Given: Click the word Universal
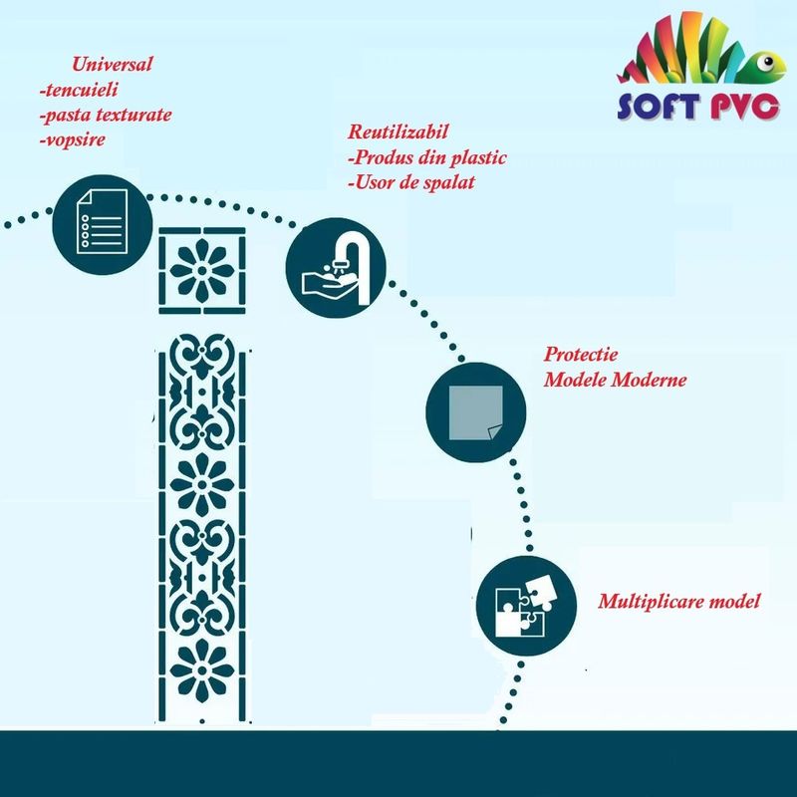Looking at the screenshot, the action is (112, 64).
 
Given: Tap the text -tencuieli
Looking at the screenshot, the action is (79, 90).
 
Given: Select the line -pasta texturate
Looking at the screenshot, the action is (106, 115).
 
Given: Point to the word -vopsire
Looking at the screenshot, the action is (73, 139).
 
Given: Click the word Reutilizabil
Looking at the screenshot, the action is (398, 132).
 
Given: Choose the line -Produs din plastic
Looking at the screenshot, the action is (427, 157).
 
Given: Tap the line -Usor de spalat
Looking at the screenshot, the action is (411, 182).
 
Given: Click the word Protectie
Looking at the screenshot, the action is (581, 354).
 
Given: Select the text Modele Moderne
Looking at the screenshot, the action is (615, 380).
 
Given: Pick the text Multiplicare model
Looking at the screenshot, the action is (679, 602).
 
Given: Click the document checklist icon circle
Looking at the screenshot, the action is (103, 225).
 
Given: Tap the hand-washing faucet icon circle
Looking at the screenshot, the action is (336, 268).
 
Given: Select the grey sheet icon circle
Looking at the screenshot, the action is (476, 412).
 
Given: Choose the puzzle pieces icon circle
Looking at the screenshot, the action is (526, 606).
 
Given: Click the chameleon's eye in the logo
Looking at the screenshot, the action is (767, 62).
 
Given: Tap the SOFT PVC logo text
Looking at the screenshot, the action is (698, 106).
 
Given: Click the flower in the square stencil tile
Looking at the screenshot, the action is (202, 270).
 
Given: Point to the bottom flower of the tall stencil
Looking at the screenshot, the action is (202, 669).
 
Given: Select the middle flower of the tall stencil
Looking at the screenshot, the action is (202, 484).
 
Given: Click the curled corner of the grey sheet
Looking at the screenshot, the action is (495, 433).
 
